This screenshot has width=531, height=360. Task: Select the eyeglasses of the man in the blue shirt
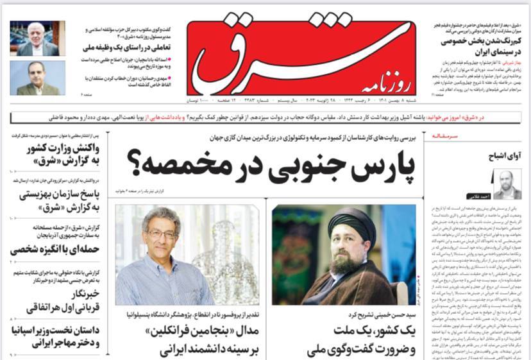(163, 234)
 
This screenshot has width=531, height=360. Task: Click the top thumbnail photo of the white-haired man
(37, 39)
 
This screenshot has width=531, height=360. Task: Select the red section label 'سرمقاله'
(447, 137)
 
